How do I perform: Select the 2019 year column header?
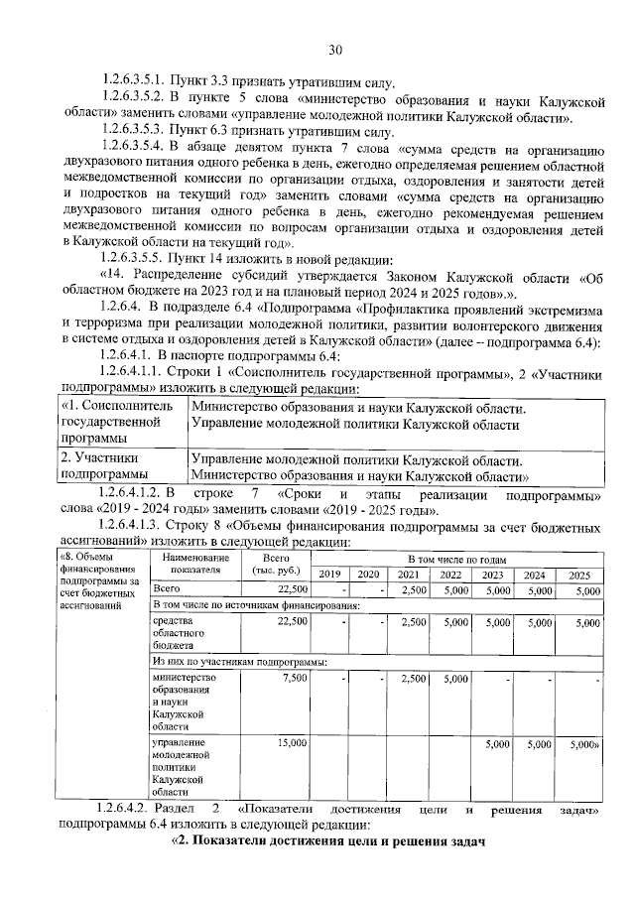click(329, 575)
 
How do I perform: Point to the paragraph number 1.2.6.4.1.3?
click(138, 527)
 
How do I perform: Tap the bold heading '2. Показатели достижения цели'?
click(327, 842)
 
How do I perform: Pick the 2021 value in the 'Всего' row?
click(414, 590)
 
